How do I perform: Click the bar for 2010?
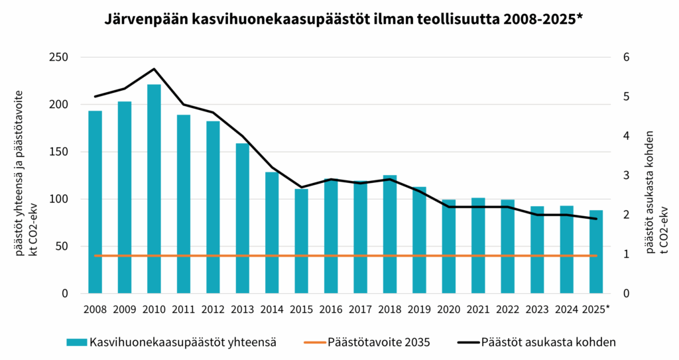tap(154, 189)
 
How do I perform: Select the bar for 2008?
tap(95, 202)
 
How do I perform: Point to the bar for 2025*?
tap(596, 252)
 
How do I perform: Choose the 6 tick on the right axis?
tap(623, 57)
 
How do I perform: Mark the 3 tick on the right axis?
tap(623, 176)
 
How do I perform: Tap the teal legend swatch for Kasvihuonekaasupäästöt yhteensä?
tap(76, 342)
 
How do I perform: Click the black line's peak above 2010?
tap(154, 69)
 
